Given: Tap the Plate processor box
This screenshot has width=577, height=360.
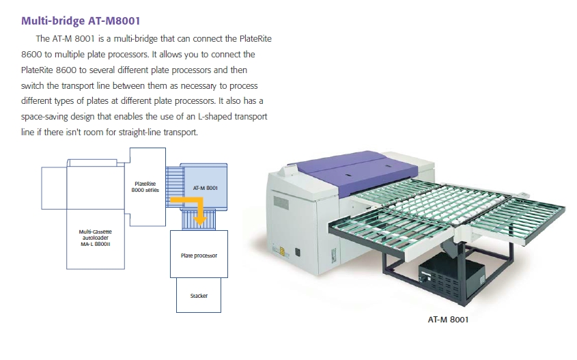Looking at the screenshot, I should (199, 254).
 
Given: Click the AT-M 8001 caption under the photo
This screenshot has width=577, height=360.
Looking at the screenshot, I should (449, 318).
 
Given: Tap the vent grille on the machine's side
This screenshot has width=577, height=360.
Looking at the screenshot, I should (281, 203).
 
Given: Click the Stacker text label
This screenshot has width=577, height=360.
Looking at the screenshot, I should (199, 296).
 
